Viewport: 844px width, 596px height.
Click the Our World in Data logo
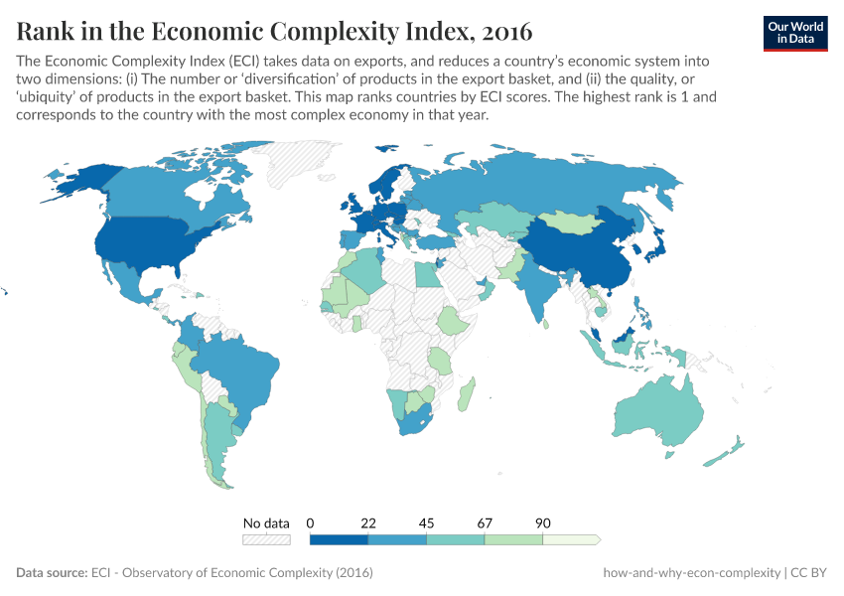(x=795, y=32)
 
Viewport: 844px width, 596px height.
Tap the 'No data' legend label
(x=266, y=522)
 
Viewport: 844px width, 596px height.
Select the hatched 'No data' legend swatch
(x=266, y=539)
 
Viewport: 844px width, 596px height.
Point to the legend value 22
(x=368, y=522)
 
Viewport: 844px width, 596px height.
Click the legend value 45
(x=426, y=522)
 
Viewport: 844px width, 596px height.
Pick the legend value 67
(x=485, y=522)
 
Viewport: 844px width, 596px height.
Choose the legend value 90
(x=542, y=522)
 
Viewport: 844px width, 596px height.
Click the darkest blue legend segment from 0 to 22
(x=339, y=539)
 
